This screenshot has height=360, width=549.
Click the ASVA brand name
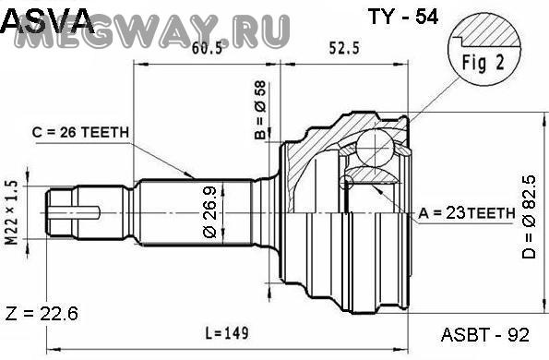pos(48,21)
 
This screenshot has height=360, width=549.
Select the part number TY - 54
pos(402,16)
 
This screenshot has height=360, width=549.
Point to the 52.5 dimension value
pos(344,48)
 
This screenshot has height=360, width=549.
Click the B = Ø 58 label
pos(260,110)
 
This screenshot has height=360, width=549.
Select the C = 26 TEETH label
pos(80,132)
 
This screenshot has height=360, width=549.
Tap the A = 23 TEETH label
pos(467,212)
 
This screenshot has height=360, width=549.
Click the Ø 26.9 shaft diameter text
pos(209,212)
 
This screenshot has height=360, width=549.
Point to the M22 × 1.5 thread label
pos(11,212)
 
